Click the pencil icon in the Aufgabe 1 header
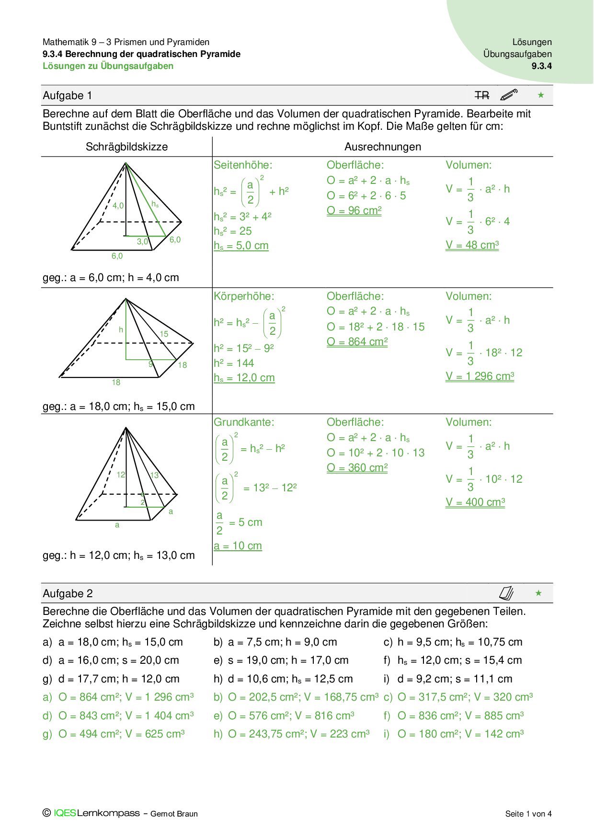509,95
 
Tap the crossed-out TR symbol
482,96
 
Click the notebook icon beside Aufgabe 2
506,593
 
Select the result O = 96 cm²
354,211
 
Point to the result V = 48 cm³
472,245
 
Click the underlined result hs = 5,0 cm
241,246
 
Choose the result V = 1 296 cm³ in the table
480,376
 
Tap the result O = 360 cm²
357,468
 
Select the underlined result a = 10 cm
238,546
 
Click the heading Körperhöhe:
244,296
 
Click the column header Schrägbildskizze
126,147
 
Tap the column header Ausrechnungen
383,147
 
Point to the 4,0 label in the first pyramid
118,206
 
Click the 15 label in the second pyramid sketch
164,334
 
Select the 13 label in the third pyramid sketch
154,476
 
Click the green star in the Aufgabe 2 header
538,593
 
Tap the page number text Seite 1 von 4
528,814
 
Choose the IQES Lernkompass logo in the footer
96,813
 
